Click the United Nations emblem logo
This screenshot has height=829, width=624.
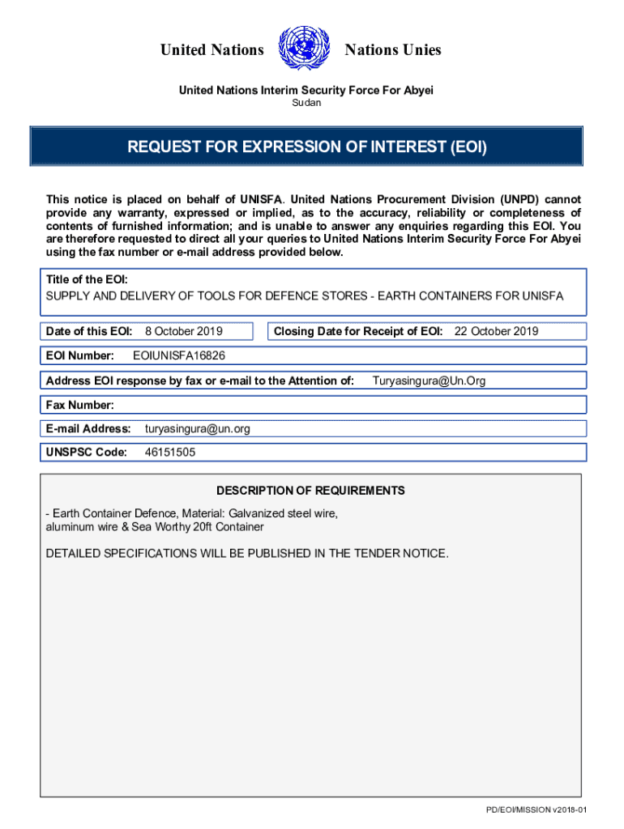coord(304,49)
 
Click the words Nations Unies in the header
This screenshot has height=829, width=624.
coord(393,50)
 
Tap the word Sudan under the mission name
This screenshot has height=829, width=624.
coord(306,103)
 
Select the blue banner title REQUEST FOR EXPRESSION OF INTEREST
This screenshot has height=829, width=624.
coord(306,147)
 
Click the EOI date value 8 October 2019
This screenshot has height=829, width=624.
coord(184,331)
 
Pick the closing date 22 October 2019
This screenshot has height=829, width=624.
coord(496,331)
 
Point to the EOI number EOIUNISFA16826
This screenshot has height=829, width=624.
coord(178,355)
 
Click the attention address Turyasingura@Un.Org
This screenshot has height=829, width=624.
coord(429,380)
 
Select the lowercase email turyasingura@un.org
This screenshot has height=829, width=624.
coord(197,428)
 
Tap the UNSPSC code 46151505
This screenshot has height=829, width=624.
coord(169,453)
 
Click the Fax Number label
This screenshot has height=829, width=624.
coord(79,405)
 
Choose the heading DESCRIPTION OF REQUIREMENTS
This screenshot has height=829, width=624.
coord(310,491)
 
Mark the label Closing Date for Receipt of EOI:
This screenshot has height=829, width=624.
coord(358,331)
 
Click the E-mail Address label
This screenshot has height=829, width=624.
coord(88,428)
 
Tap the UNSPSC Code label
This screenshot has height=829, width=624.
coord(86,453)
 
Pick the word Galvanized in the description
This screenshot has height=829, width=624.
coord(258,513)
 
